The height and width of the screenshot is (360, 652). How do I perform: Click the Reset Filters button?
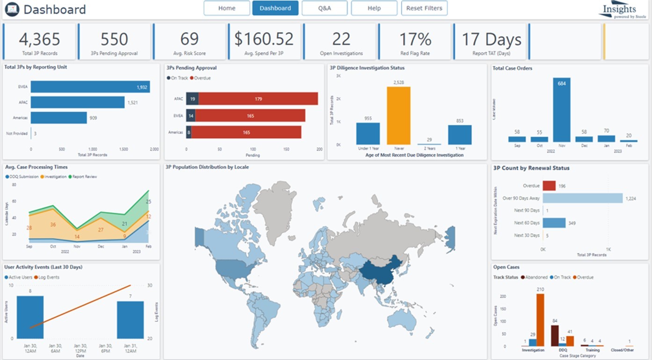pos(424,8)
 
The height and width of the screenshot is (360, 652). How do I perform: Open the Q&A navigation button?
pos(324,8)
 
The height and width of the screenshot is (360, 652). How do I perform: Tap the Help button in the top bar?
pos(374,8)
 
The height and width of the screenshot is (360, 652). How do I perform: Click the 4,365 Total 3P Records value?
pos(39,39)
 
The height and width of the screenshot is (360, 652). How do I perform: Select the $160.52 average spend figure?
pos(264,39)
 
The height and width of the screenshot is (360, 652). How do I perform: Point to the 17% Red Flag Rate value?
pos(415,39)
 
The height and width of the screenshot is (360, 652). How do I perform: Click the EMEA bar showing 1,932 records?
pos(90,87)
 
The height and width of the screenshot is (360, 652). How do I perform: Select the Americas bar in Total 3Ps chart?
pos(59,118)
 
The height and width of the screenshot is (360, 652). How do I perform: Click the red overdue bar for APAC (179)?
pos(258,99)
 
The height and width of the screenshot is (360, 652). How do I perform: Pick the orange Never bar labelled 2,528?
pos(398,115)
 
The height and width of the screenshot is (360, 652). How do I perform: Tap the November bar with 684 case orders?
pos(562,110)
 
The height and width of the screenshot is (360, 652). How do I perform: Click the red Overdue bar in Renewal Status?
pos(549,186)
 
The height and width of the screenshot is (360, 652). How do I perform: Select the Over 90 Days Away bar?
pos(583,198)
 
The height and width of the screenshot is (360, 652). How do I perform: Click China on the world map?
pos(379,270)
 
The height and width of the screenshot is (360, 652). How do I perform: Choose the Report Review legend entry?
pos(84,177)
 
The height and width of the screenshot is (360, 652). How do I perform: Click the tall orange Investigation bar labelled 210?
pos(540,320)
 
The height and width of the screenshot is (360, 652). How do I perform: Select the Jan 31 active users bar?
pos(130,320)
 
